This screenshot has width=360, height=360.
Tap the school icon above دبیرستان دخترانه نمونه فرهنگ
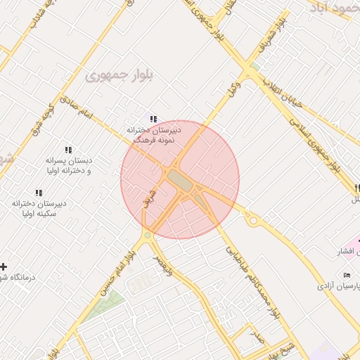tap(153, 120)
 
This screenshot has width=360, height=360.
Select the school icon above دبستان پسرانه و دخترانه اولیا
tap(68, 150)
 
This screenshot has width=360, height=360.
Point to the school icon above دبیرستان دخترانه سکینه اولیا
tap(39, 193)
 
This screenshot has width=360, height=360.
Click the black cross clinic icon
tap(4, 266)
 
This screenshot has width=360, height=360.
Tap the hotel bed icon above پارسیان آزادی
tap(347, 275)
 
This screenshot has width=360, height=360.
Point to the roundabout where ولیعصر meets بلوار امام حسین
tap(148, 236)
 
